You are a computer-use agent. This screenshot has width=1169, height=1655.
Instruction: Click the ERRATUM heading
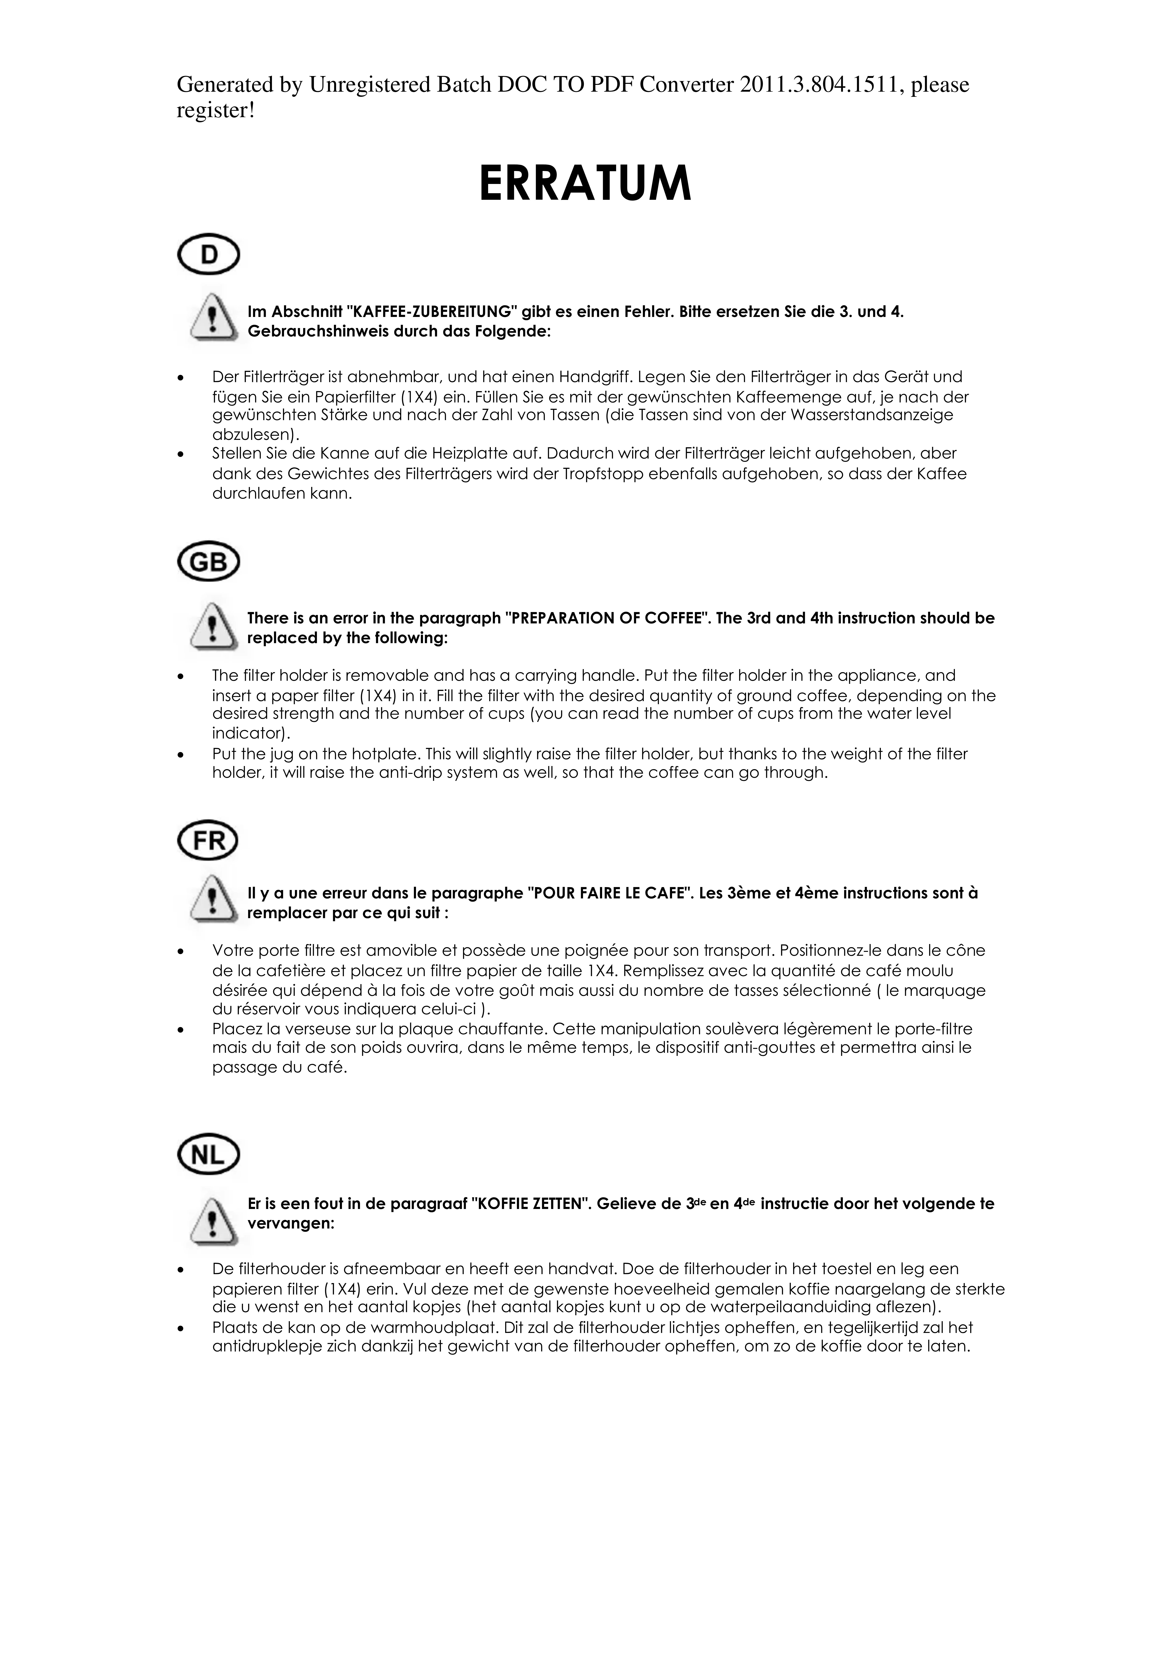coord(584,185)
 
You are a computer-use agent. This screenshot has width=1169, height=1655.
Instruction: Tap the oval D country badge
coord(208,254)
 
